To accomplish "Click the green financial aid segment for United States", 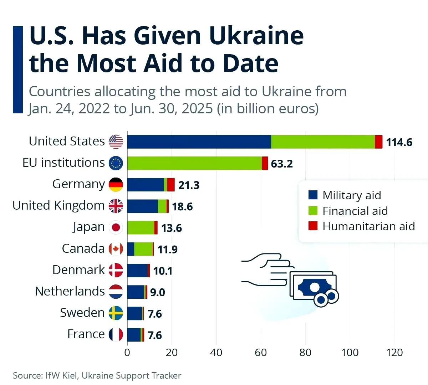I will pyautogui.click(x=323, y=142).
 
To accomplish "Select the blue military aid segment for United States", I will pyautogui.click(x=199, y=142).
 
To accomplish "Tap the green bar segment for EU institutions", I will pyautogui.click(x=194, y=163).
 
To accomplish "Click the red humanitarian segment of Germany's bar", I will pyautogui.click(x=171, y=185).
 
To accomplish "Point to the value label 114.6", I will pyautogui.click(x=399, y=143).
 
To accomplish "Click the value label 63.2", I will pyautogui.click(x=282, y=164).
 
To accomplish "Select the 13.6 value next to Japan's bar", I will pyautogui.click(x=172, y=228).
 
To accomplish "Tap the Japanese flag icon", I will pyautogui.click(x=116, y=227).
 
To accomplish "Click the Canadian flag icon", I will pyautogui.click(x=116, y=249).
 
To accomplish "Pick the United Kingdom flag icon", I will pyautogui.click(x=116, y=206).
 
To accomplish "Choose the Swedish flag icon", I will pyautogui.click(x=116, y=313).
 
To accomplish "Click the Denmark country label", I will pyautogui.click(x=78, y=270).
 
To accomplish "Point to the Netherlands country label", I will pyautogui.click(x=70, y=291).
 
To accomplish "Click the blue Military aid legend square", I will pyautogui.click(x=313, y=195).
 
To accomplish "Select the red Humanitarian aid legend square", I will pyautogui.click(x=313, y=226).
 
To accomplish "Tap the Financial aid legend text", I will pyautogui.click(x=355, y=211).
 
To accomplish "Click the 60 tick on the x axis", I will pyautogui.click(x=261, y=353).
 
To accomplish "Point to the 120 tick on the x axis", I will pyautogui.click(x=394, y=353).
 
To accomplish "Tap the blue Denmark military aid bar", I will pyautogui.click(x=137, y=271).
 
